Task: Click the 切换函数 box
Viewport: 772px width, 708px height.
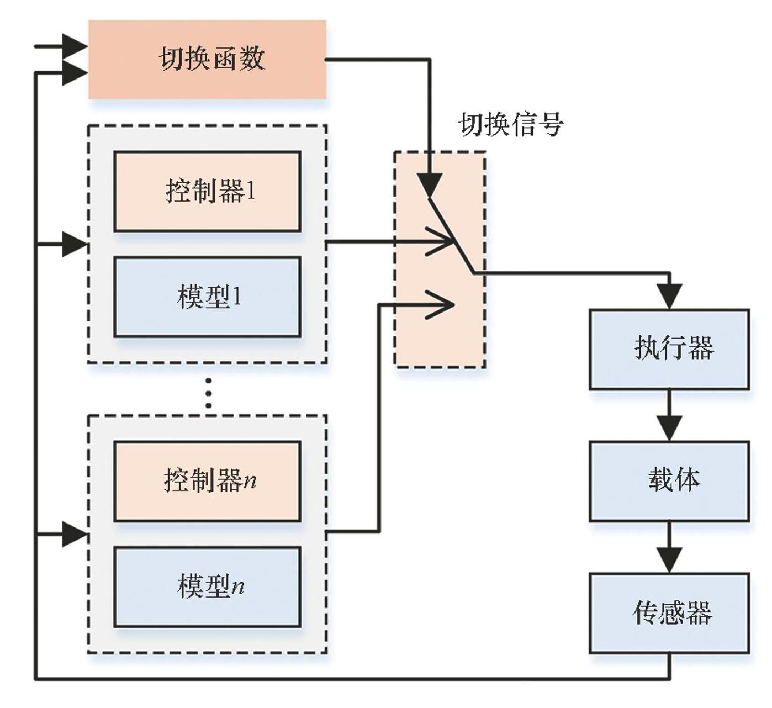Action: pyautogui.click(x=207, y=60)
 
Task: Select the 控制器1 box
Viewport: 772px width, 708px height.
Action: pyautogui.click(x=207, y=191)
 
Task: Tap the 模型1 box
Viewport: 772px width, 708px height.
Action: pyautogui.click(x=207, y=297)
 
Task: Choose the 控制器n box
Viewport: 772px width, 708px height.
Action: pyautogui.click(x=207, y=480)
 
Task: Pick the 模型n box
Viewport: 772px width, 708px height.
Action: pyautogui.click(x=207, y=586)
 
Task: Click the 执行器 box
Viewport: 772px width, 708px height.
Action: pyautogui.click(x=669, y=349)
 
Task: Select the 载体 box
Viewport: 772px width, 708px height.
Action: pyautogui.click(x=669, y=480)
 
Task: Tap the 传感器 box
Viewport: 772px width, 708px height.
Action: pyautogui.click(x=669, y=613)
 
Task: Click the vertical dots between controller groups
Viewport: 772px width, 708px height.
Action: pyautogui.click(x=208, y=393)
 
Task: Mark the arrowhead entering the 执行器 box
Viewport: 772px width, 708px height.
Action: pyautogui.click(x=670, y=297)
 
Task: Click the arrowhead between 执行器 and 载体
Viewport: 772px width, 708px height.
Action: pyautogui.click(x=670, y=429)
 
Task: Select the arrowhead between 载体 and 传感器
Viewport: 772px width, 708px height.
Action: pyautogui.click(x=670, y=561)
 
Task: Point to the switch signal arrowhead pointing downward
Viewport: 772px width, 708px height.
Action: pyautogui.click(x=430, y=184)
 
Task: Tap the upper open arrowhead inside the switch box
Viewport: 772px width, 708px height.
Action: pyautogui.click(x=442, y=241)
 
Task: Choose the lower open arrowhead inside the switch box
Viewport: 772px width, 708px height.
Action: pyautogui.click(x=442, y=304)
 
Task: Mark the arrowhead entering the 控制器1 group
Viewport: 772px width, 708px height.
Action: pyautogui.click(x=75, y=244)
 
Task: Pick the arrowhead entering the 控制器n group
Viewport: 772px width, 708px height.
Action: pyautogui.click(x=75, y=534)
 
